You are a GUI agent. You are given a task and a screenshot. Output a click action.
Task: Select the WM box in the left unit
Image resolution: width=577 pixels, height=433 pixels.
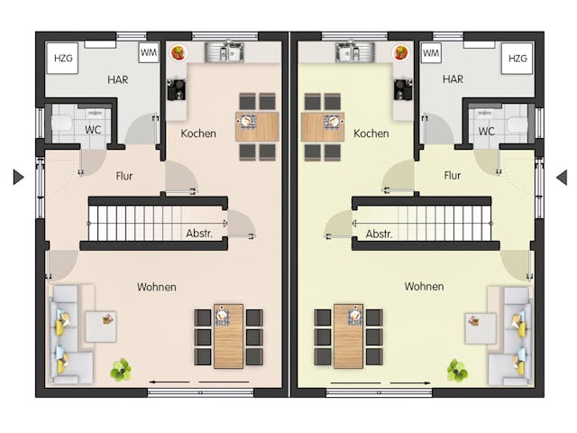150,54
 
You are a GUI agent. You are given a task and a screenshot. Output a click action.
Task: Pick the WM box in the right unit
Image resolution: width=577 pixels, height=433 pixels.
431,54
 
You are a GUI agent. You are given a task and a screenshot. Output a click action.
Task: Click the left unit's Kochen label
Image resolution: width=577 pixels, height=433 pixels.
198,134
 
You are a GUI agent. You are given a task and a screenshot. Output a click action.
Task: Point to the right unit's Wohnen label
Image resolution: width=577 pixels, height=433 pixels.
424,287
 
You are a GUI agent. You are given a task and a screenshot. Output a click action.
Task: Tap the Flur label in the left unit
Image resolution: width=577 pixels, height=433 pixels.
124,176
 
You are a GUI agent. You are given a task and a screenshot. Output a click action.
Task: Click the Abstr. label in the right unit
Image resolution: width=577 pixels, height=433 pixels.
380,234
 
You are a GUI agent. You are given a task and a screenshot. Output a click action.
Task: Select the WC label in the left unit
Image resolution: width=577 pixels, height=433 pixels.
94,131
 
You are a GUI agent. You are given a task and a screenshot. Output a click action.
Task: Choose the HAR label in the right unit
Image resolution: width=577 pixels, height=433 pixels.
453,79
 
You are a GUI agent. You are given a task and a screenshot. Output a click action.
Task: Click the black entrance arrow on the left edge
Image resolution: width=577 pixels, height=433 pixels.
18,177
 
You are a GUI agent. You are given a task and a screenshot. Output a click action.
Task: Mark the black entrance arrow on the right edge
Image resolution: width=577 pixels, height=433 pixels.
561,177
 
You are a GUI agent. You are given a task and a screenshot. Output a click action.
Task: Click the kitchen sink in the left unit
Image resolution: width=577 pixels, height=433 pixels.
224,52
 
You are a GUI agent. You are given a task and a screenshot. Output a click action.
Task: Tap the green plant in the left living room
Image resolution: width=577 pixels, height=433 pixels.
121,369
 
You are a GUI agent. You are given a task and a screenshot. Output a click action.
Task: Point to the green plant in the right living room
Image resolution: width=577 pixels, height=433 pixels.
458,370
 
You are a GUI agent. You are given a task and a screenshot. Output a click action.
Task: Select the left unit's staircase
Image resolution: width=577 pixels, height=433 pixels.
155,222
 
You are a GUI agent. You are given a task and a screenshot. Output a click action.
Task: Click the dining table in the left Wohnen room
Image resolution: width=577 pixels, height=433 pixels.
229,336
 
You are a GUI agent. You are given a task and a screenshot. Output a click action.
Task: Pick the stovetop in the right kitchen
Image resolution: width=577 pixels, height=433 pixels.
403,88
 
